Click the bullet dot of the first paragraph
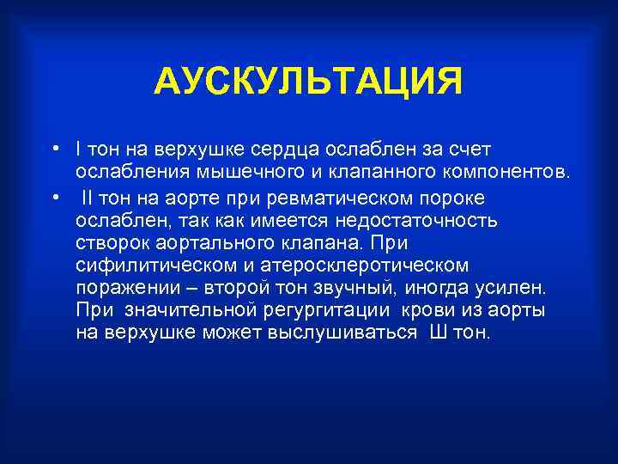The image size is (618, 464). [54, 150]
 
